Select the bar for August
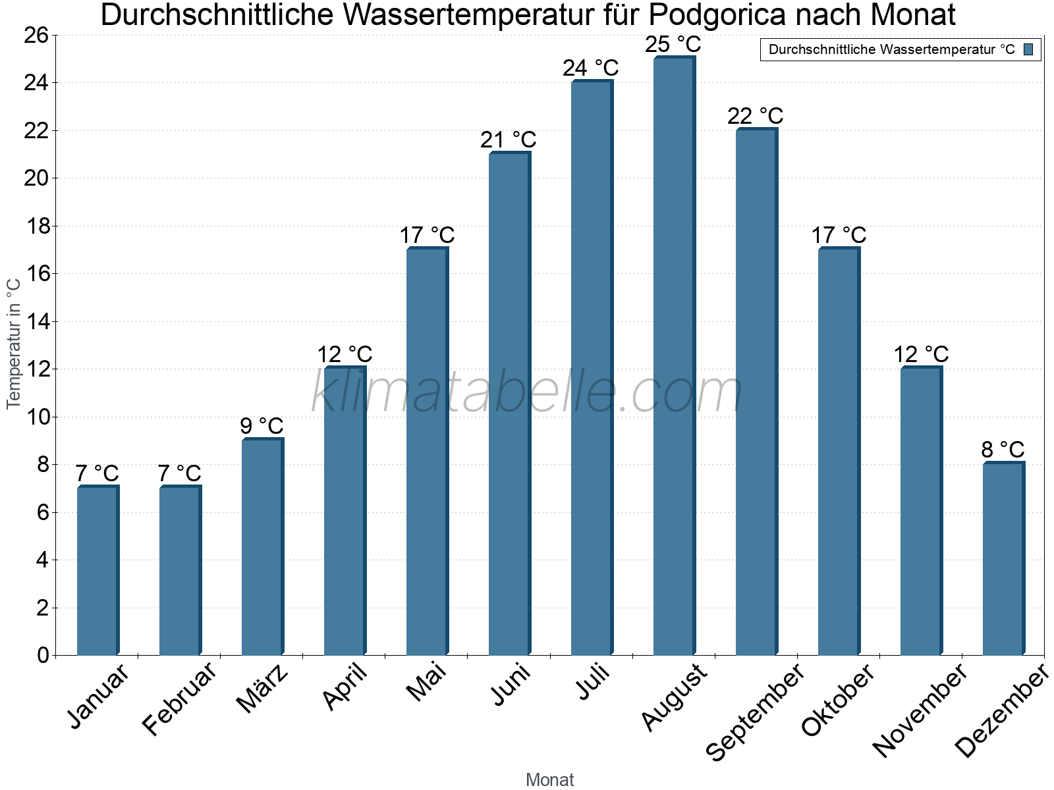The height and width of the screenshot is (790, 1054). (674, 355)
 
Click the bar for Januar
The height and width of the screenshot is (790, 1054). (97, 570)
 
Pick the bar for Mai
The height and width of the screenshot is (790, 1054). (427, 451)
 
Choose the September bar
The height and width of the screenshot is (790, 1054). (756, 392)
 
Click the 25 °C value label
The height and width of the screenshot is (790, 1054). (673, 45)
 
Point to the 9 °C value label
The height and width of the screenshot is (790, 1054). (262, 426)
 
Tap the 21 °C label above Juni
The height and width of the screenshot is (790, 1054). (509, 140)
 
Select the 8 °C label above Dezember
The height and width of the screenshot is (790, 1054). (1003, 450)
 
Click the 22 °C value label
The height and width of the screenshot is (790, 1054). (756, 116)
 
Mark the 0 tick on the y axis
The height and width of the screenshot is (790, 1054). (43, 655)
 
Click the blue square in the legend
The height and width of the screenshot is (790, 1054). (1028, 49)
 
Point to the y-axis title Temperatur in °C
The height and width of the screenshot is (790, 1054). (14, 344)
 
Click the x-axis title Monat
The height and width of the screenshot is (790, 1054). (549, 779)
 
